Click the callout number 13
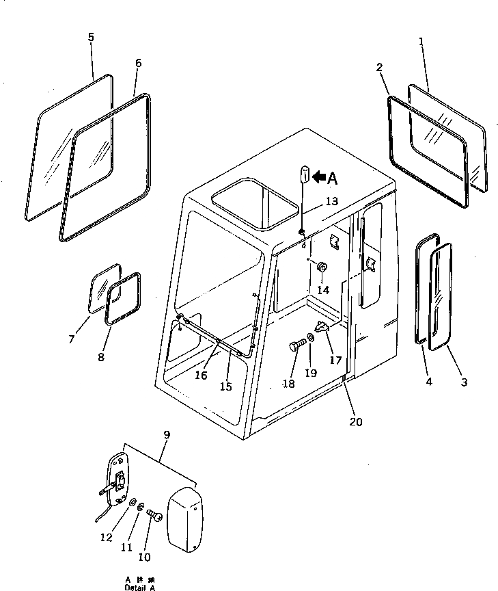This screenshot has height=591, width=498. pos(331,201)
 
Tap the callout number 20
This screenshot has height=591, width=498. pos(355,422)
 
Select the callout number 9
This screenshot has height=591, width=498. pos(167,434)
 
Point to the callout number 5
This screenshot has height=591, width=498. pos(92,38)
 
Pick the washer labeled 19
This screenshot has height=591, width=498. pos(311,339)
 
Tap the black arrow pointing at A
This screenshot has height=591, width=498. pos(318,178)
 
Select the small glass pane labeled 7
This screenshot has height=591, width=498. pos(102,289)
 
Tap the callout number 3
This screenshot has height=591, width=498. pos(464,382)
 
